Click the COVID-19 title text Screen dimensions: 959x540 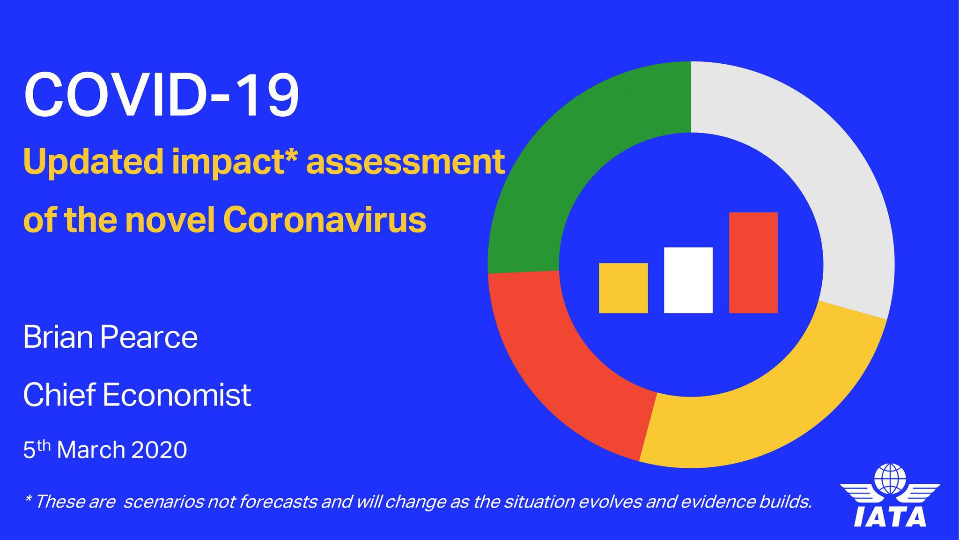coord(161,95)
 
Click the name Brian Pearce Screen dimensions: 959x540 coord(111,337)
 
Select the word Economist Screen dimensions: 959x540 coord(177,395)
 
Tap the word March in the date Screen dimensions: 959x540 coord(91,450)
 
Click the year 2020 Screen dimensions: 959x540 coord(159,450)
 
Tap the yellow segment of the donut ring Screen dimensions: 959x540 coord(768,412)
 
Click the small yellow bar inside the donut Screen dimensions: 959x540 coord(623,288)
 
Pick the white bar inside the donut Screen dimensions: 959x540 coord(688,280)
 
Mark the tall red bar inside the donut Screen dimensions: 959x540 coord(753,262)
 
